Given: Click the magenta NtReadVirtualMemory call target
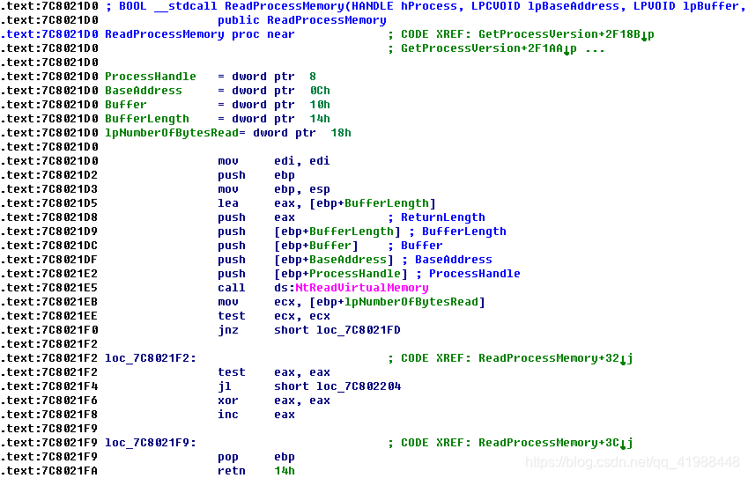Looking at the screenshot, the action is (361, 288).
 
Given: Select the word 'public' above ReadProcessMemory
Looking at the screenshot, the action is (239, 20).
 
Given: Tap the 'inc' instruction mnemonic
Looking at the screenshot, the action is (228, 415).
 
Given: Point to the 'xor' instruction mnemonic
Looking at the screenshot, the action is (228, 401).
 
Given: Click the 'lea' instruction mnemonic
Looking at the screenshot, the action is (228, 203).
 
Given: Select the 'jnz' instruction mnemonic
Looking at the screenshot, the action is (228, 330).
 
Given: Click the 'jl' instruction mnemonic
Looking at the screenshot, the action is (225, 386).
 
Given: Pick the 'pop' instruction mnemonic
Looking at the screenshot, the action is (228, 457).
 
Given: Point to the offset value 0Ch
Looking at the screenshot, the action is (320, 91).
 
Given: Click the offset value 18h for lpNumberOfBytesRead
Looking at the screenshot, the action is (341, 133).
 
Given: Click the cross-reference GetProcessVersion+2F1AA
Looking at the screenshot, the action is (485, 48).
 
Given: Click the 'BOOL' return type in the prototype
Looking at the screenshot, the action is (132, 6).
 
